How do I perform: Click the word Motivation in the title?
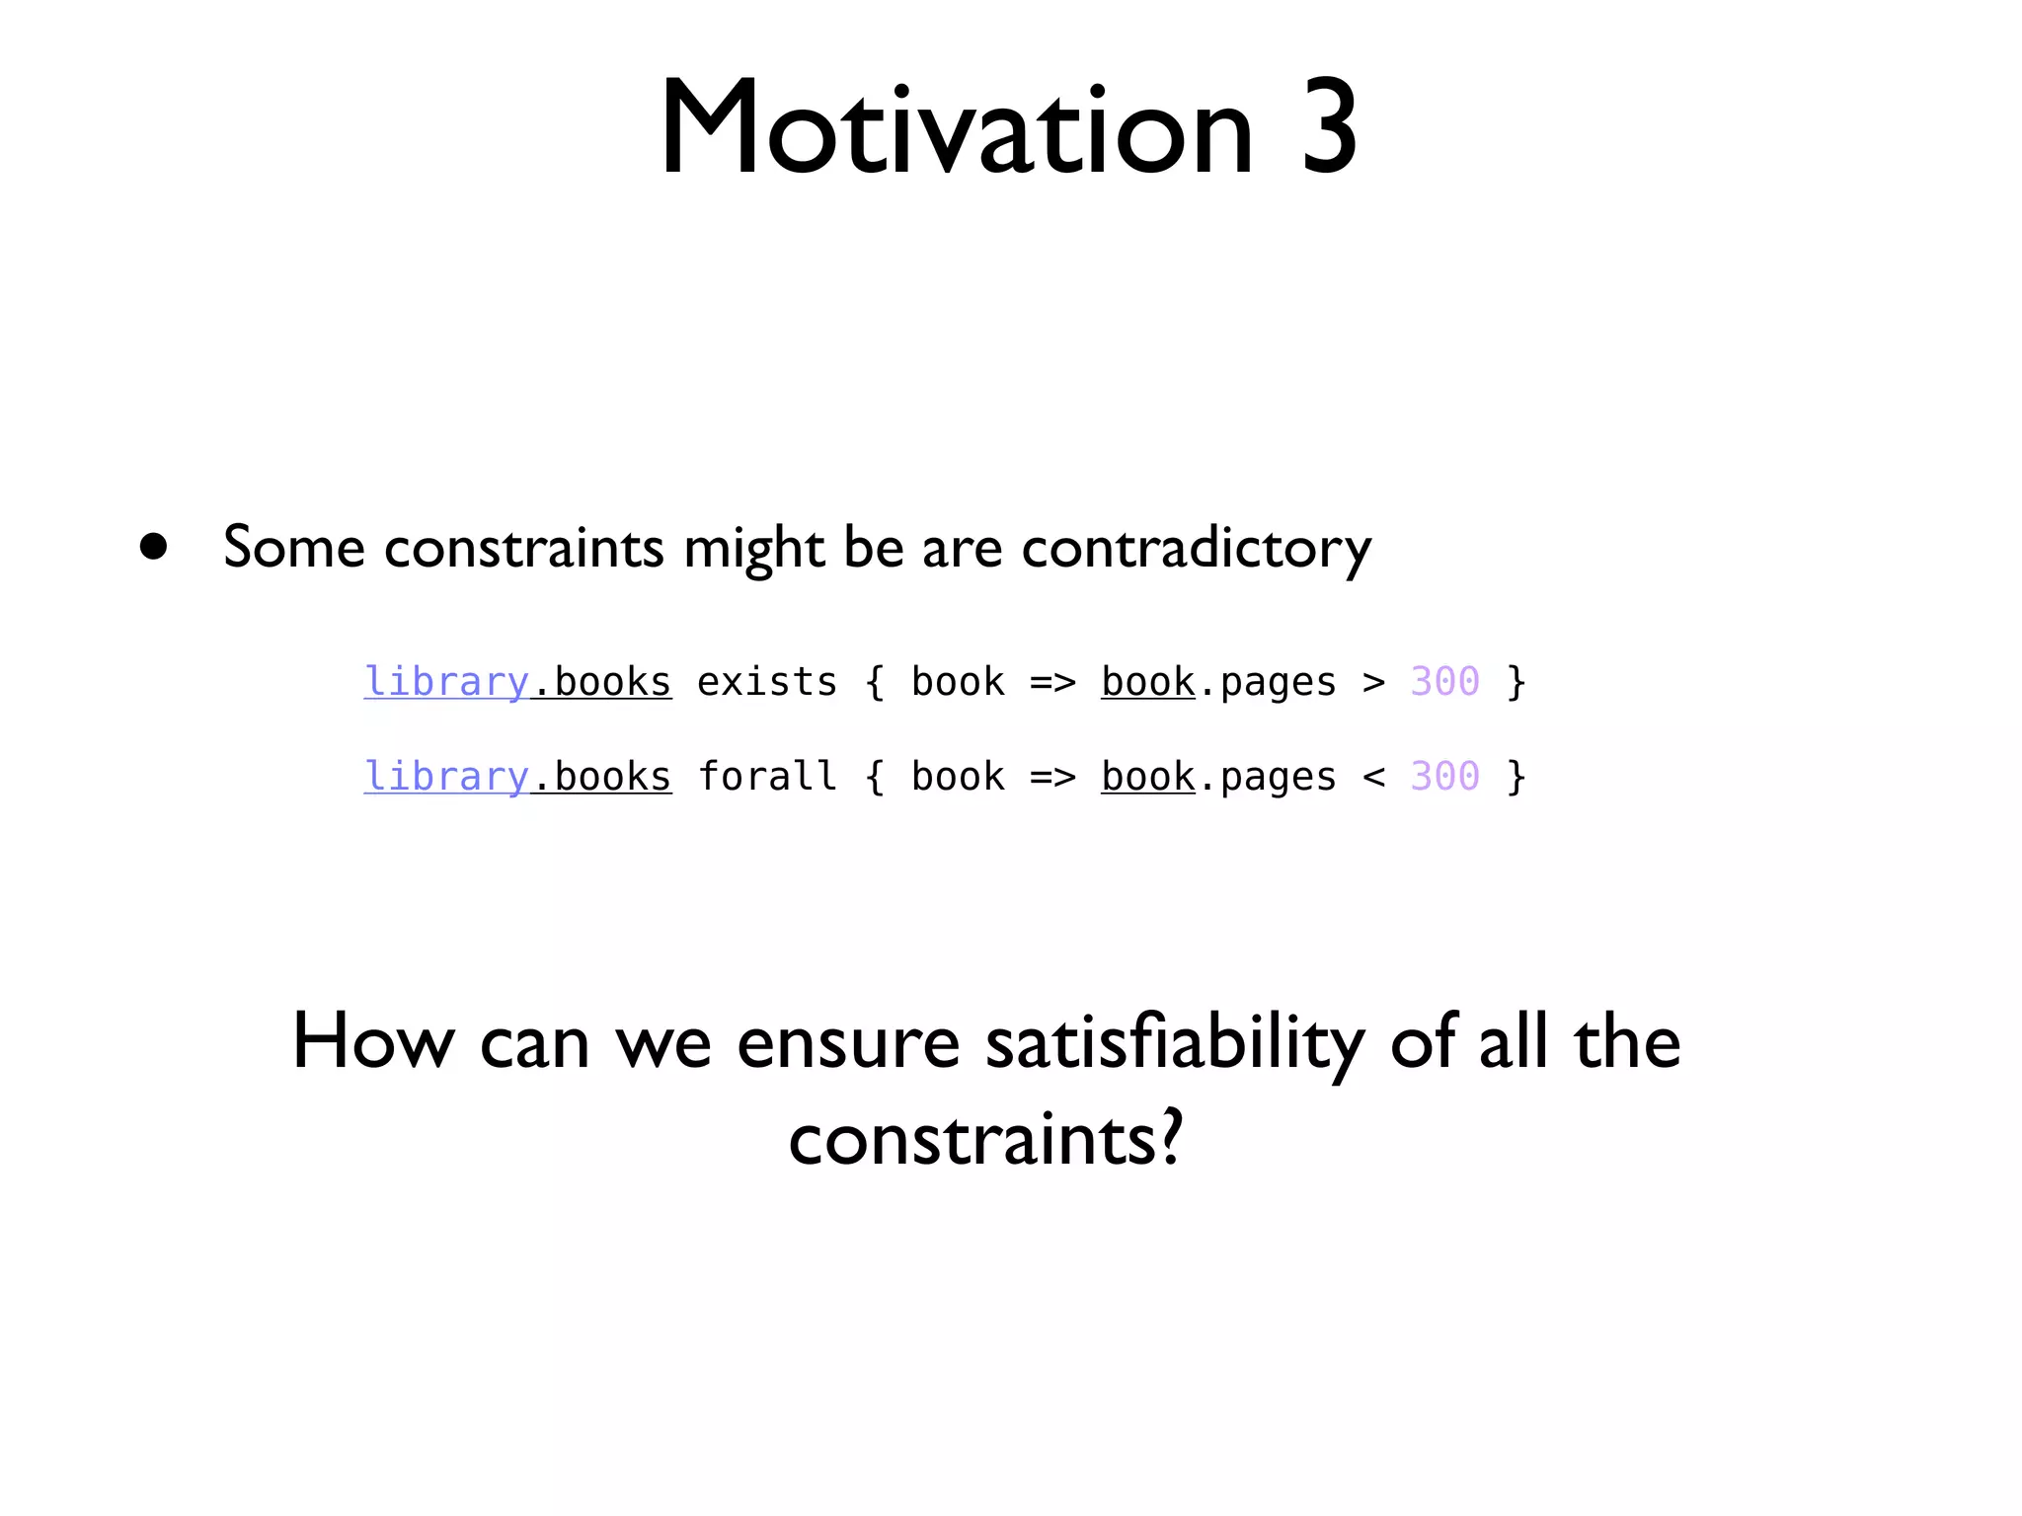tap(956, 128)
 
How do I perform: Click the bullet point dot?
tap(153, 546)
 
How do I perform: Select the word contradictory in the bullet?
tap(1196, 548)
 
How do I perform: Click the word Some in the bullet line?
tap(293, 548)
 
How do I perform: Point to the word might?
tap(753, 548)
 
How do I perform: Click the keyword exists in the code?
tap(767, 682)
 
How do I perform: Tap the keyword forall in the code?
tap(767, 777)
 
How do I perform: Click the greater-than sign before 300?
tap(1373, 682)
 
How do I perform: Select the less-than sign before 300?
tap(1373, 777)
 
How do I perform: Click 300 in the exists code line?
tap(1444, 682)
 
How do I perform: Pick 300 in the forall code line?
tap(1444, 777)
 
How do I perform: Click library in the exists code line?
tap(446, 682)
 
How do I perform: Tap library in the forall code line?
tap(446, 777)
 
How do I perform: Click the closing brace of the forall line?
tap(1516, 777)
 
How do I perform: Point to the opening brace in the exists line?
tap(874, 682)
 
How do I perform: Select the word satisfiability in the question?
tap(1175, 1043)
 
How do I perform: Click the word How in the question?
tap(373, 1043)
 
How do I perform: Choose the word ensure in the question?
tap(848, 1043)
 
